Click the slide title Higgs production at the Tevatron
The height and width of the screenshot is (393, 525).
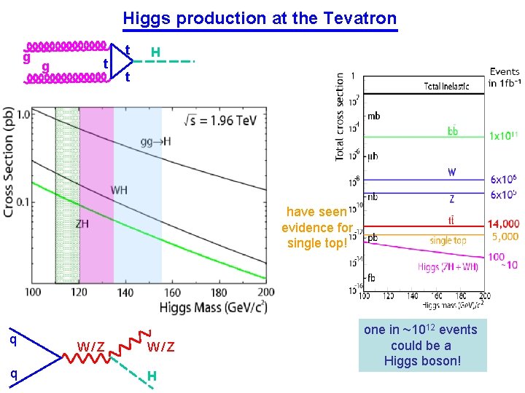pyautogui.click(x=260, y=18)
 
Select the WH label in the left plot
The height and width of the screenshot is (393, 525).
pyautogui.click(x=119, y=190)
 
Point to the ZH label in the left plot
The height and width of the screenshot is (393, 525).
pyautogui.click(x=83, y=224)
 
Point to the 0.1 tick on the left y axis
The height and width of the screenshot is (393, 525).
pyautogui.click(x=22, y=202)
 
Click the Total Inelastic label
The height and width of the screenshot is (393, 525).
pyautogui.click(x=451, y=87)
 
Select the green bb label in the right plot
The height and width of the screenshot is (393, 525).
pyautogui.click(x=453, y=131)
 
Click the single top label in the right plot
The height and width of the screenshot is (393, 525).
pyautogui.click(x=448, y=240)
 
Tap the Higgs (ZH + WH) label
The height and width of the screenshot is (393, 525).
pyautogui.click(x=448, y=267)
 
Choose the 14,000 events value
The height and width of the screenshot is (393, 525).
pyautogui.click(x=503, y=224)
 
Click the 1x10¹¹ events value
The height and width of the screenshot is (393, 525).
pyautogui.click(x=504, y=136)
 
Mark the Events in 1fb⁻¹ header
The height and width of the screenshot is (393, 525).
pyautogui.click(x=504, y=77)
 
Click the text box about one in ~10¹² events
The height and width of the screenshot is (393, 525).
pyautogui.click(x=421, y=345)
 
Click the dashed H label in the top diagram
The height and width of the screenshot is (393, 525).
pyautogui.click(x=155, y=52)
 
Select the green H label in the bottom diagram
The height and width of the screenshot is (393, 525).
pyautogui.click(x=152, y=376)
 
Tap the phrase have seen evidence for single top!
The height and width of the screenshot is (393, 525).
pyautogui.click(x=316, y=227)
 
